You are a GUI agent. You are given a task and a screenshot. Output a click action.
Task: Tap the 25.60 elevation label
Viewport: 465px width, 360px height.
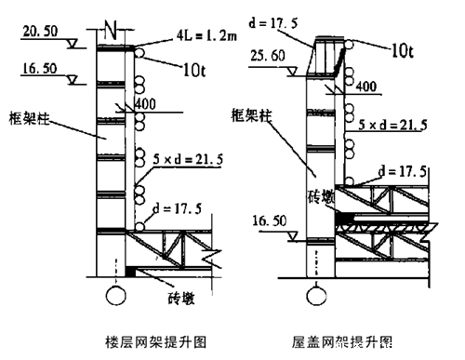pyautogui.click(x=270, y=56)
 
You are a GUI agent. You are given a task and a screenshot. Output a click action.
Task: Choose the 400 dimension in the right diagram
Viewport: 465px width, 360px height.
pyautogui.click(x=365, y=87)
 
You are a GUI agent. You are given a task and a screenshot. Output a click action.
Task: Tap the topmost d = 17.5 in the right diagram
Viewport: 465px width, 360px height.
pyautogui.click(x=271, y=17)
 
